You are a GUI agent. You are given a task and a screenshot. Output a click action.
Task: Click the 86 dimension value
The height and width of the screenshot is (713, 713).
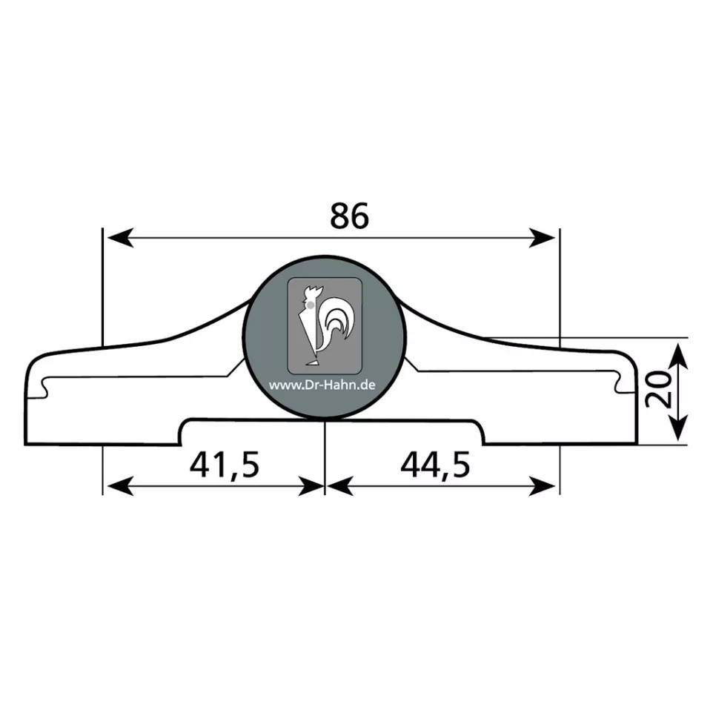(x=349, y=216)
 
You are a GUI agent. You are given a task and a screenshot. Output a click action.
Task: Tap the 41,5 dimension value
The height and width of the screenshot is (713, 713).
(x=224, y=465)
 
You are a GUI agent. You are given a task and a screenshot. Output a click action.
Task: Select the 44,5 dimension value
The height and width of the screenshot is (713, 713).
(x=435, y=465)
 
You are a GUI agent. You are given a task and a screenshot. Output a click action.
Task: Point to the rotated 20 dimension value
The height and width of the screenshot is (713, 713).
(x=659, y=390)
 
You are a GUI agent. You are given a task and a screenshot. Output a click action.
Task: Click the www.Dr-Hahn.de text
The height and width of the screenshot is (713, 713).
(x=322, y=385)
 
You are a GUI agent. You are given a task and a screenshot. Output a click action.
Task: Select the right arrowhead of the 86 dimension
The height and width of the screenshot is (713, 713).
(x=542, y=238)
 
